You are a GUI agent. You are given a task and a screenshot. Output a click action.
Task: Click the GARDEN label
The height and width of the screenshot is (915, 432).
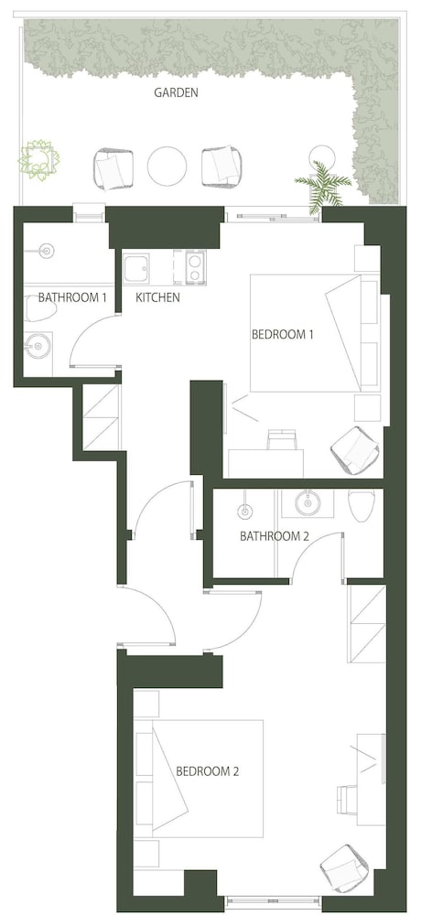click(176, 92)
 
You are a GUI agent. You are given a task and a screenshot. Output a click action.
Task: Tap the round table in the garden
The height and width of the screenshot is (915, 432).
click(167, 166)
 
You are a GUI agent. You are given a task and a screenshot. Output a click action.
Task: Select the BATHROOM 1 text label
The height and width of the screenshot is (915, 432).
click(71, 297)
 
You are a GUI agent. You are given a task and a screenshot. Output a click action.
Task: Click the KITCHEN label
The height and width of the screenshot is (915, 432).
click(157, 297)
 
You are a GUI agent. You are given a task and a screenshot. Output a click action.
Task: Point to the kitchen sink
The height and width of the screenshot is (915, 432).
click(135, 268)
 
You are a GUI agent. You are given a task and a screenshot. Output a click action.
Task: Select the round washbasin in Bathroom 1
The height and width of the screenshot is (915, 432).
click(38, 346)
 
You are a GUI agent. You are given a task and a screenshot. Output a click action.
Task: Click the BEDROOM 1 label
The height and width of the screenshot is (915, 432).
click(283, 335)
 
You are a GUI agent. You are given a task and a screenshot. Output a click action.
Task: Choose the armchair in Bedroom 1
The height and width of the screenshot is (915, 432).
click(355, 450)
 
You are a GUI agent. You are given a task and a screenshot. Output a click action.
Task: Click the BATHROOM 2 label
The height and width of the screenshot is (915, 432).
click(274, 535)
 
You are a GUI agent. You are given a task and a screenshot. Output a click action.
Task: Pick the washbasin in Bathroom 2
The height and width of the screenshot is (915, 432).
click(308, 503)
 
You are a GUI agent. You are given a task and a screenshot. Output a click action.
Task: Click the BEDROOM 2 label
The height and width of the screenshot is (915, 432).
click(207, 771)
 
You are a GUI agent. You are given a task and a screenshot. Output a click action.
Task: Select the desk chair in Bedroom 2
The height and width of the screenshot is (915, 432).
click(348, 798)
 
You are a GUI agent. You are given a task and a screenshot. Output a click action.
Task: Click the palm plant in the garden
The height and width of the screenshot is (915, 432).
click(323, 186)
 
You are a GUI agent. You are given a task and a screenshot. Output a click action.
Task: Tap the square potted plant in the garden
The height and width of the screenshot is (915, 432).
click(39, 158)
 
